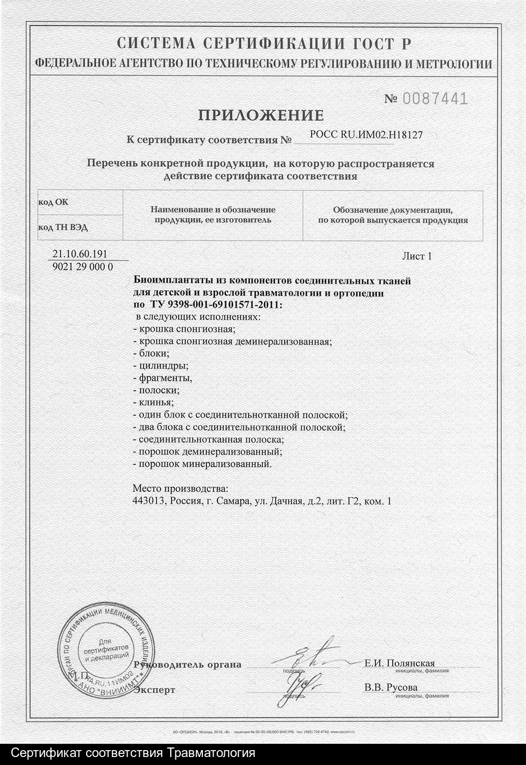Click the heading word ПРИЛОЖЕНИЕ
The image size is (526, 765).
pyautogui.click(x=261, y=115)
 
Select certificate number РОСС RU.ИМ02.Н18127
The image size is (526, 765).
pyautogui.click(x=366, y=135)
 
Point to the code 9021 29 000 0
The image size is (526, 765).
pyautogui.click(x=83, y=267)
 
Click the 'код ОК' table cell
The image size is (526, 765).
pyautogui.click(x=53, y=202)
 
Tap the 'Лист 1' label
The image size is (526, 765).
pyautogui.click(x=417, y=256)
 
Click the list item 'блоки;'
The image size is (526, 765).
pyautogui.click(x=151, y=353)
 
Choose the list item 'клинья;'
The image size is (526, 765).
pyautogui.click(x=152, y=402)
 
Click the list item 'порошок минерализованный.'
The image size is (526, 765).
pyautogui.click(x=202, y=464)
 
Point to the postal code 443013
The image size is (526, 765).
pyautogui.click(x=149, y=500)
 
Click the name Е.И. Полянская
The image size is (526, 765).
pyautogui.click(x=400, y=663)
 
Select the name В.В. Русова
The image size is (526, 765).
pyautogui.click(x=391, y=687)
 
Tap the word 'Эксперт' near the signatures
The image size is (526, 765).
pyautogui.click(x=154, y=690)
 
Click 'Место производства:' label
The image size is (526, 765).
pyautogui.click(x=181, y=488)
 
